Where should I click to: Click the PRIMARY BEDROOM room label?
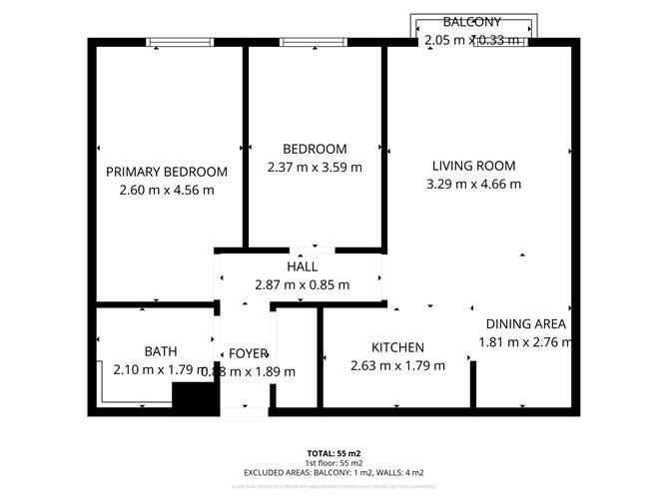167,172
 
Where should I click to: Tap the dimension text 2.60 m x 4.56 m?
167,190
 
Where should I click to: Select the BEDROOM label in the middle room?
315,150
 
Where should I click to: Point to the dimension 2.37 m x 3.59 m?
315,168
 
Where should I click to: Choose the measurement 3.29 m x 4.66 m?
473,184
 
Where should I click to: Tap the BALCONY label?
472,22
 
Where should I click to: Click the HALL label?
302,266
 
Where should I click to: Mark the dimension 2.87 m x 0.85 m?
302,284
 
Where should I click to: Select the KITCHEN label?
398,347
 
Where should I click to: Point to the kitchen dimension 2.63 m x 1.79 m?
398,365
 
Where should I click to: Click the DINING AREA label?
526,324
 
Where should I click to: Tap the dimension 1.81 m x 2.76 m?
526,342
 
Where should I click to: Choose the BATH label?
161,351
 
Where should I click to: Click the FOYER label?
249,353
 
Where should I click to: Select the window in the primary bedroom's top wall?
180,42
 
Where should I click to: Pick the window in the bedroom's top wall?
315,42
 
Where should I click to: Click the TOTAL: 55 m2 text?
333,453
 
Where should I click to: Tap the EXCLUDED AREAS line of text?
333,472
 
